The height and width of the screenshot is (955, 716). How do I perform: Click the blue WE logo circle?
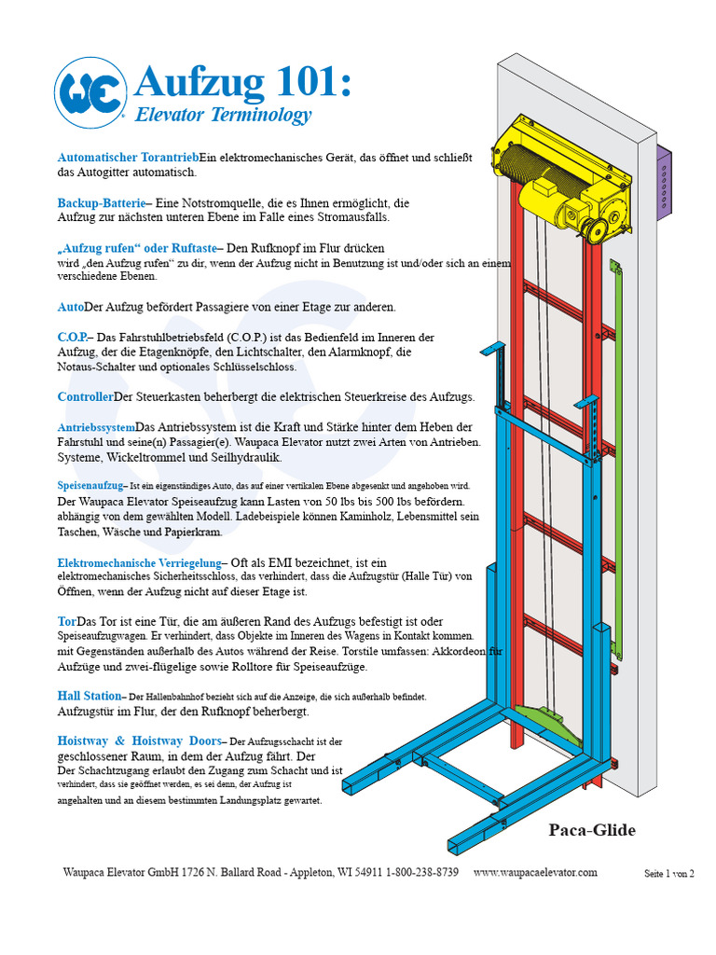(90, 93)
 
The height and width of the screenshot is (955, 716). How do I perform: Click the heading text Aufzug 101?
(244, 83)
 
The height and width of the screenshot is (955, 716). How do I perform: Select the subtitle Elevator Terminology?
(223, 116)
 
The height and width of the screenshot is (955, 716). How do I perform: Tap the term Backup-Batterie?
(103, 202)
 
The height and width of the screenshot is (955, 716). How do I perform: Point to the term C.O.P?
(76, 337)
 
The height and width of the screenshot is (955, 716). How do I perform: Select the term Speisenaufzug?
(90, 486)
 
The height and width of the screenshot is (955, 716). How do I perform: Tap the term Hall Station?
(89, 696)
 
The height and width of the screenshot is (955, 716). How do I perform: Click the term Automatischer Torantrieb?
(128, 158)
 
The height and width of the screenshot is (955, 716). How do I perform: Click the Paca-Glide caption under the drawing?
(592, 830)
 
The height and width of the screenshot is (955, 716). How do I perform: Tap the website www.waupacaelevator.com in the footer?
(535, 873)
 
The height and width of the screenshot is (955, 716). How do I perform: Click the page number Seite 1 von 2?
(669, 874)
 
